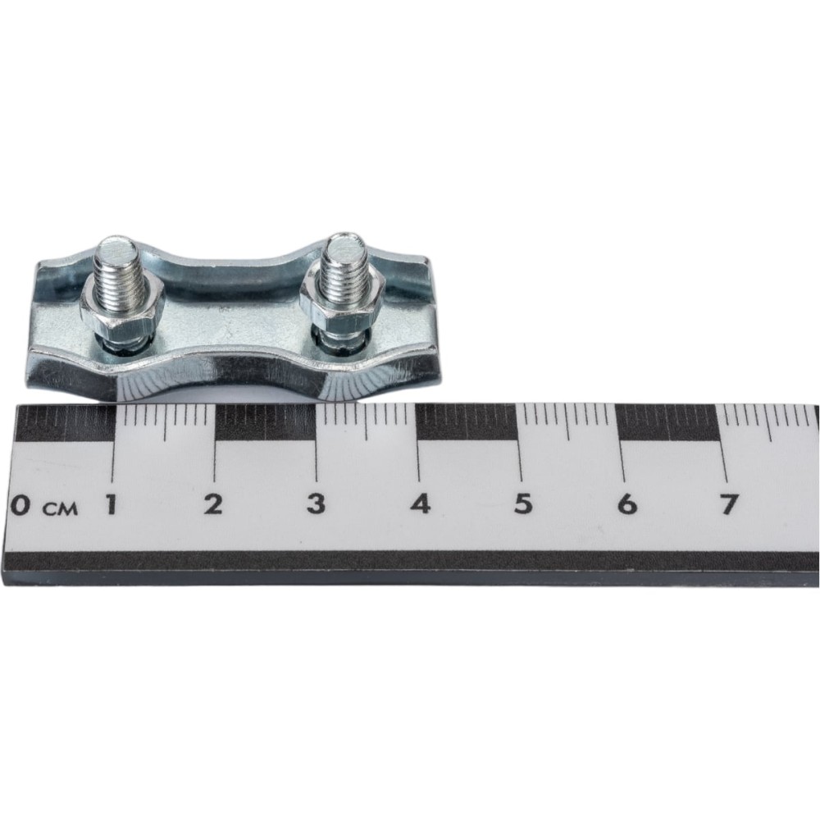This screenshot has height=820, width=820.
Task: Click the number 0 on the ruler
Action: tap(20, 505)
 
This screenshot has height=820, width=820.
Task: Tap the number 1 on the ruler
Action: tap(111, 504)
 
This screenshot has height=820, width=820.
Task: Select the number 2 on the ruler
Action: tap(213, 504)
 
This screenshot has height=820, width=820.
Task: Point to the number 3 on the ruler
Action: tap(316, 504)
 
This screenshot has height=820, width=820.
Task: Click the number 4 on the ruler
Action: tap(420, 504)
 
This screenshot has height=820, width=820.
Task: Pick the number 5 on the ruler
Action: tap(523, 504)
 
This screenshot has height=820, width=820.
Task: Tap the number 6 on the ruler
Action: tap(627, 504)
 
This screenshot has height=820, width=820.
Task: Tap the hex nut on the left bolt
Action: tap(122, 311)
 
